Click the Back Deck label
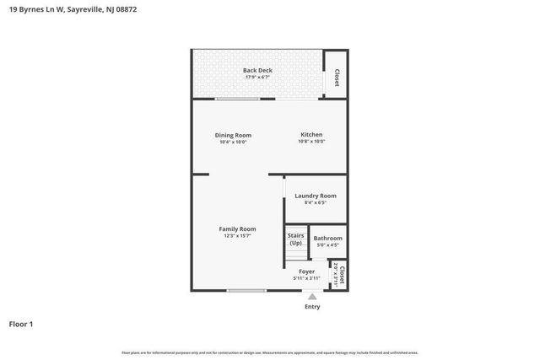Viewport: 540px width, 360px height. pos(257,70)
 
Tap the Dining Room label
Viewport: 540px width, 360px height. pos(232,135)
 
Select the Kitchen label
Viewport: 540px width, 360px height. pos(311,135)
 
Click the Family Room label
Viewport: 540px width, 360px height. pos(237,228)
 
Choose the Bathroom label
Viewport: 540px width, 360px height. pos(327,238)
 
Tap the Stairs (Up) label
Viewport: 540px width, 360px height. pos(295,239)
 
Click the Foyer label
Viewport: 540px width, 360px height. pos(306,271)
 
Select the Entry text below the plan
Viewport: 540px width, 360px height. pos(312,307)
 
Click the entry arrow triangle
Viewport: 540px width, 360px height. pos(312,296)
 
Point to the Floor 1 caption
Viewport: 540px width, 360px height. pos(21,324)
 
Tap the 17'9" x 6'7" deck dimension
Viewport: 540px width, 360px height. pos(257,78)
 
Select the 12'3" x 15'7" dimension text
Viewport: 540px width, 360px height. pos(237,236)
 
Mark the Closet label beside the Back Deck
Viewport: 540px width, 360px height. pos(337,78)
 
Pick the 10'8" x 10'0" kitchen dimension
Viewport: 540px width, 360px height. pos(311,142)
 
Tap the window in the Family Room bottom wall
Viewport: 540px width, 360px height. pos(246,291)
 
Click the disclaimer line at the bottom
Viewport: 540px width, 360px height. pos(269,352)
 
